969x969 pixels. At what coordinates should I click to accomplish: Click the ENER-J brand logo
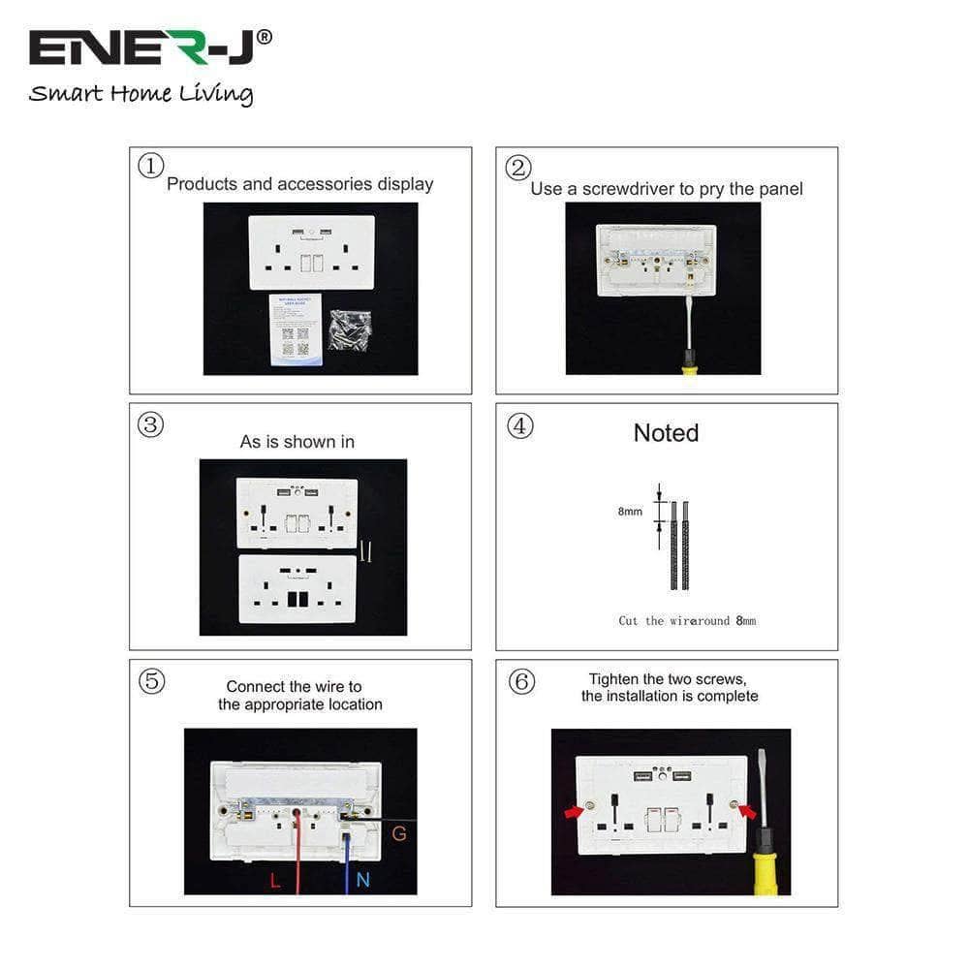tap(150, 47)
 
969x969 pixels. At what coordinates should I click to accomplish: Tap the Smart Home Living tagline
tap(141, 94)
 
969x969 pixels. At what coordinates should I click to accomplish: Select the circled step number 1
tap(150, 167)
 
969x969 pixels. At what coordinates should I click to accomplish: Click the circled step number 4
tap(520, 425)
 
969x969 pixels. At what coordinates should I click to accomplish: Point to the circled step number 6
tap(521, 682)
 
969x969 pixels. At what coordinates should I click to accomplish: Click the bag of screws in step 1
tap(350, 329)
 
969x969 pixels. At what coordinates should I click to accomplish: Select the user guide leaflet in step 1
tap(295, 329)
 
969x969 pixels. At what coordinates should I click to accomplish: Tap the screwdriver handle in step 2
tap(690, 362)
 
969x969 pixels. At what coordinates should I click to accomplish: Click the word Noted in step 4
tap(666, 433)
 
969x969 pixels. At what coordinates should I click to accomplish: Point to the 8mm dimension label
tap(630, 512)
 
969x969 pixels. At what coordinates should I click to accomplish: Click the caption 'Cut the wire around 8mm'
tap(687, 620)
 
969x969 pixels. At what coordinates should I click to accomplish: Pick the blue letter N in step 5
tap(362, 880)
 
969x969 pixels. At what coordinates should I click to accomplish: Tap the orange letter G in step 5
tap(398, 833)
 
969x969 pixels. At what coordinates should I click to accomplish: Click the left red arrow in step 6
tap(575, 811)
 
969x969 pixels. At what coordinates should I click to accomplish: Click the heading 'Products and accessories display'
tap(299, 184)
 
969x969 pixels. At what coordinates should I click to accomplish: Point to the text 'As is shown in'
tap(297, 442)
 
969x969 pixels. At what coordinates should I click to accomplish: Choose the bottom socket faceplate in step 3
tap(297, 588)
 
